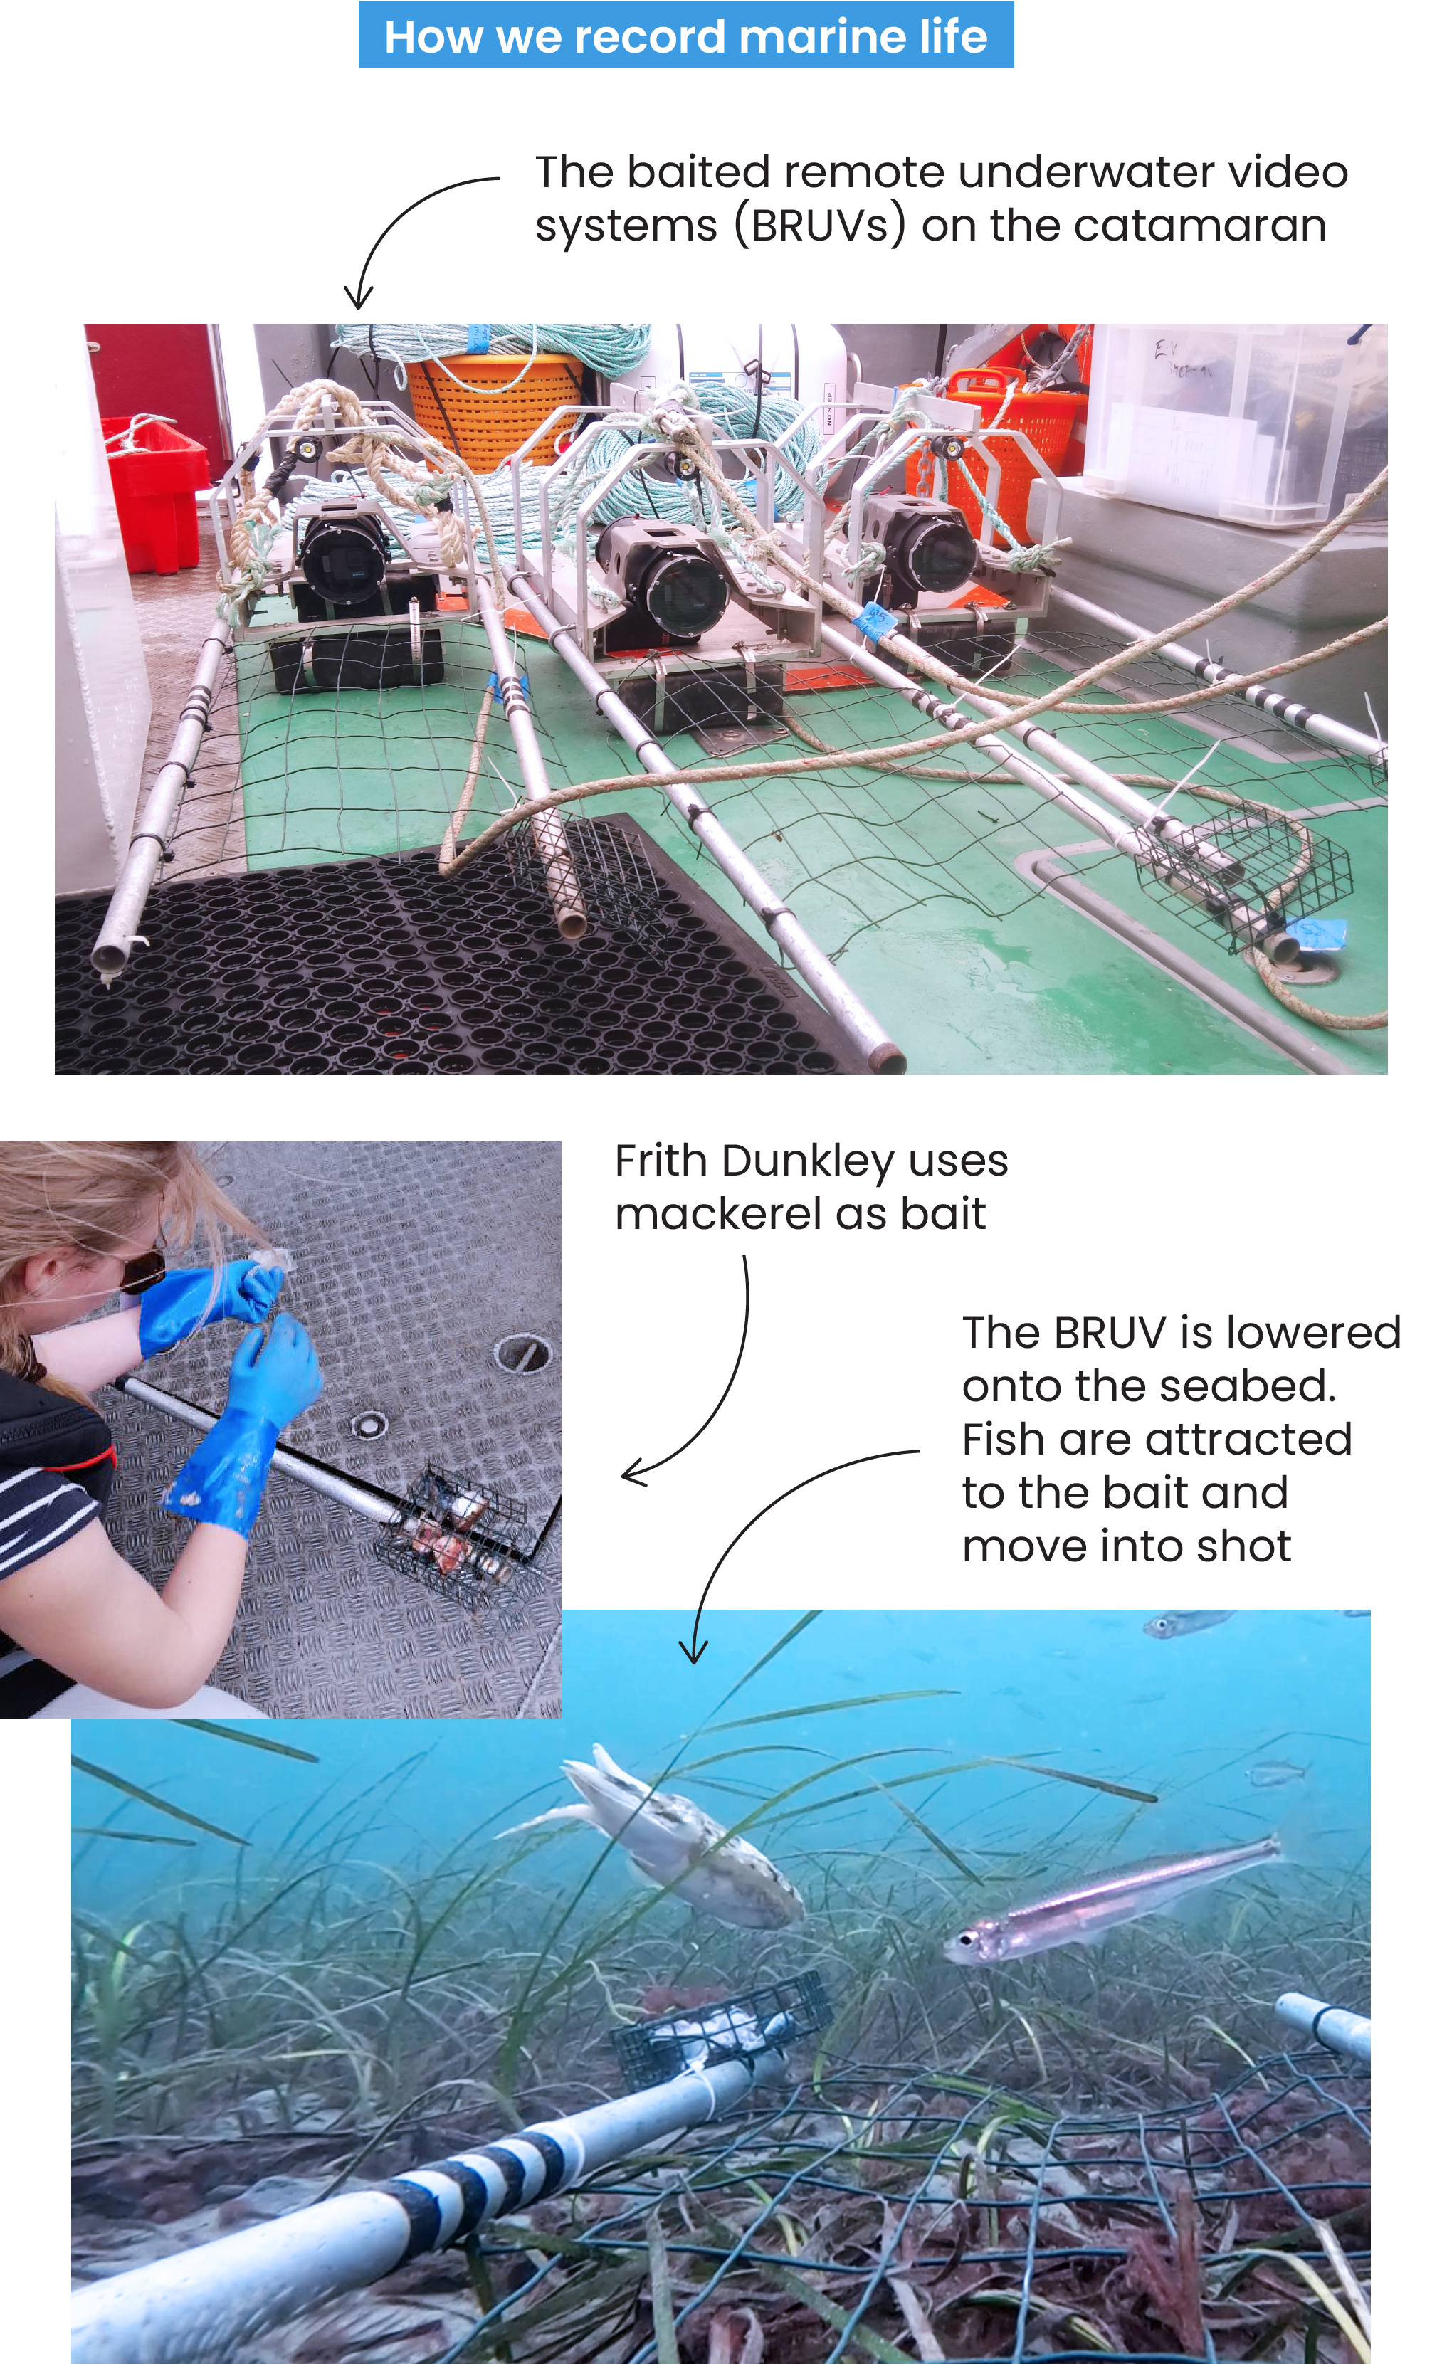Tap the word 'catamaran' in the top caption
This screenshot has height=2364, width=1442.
tap(1199, 226)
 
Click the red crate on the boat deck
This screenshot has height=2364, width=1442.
tap(154, 490)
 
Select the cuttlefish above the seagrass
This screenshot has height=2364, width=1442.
tap(681, 1837)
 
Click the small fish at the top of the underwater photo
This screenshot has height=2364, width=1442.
tap(1185, 1623)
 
